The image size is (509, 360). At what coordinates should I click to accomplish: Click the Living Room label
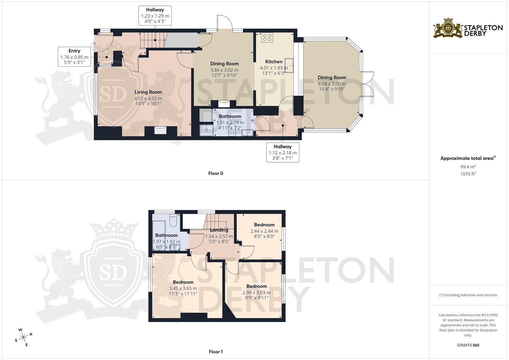click(148, 92)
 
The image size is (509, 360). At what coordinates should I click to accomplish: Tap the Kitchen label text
click(274, 62)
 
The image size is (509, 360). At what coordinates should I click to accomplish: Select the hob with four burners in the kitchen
click(267, 37)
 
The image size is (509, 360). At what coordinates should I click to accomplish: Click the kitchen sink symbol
click(289, 65)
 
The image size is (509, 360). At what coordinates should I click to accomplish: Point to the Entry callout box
click(74, 57)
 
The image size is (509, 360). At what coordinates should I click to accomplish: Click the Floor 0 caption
click(216, 173)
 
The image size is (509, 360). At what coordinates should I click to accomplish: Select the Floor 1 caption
click(216, 352)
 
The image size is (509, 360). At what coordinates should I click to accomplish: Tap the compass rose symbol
click(23, 337)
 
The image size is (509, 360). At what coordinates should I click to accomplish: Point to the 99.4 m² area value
click(468, 167)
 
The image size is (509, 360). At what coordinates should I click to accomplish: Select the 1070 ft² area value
click(468, 174)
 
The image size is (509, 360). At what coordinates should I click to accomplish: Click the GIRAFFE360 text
click(468, 345)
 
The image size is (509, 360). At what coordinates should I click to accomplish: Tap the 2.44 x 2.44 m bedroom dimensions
click(264, 231)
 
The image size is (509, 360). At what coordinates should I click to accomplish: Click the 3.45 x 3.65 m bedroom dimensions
click(183, 288)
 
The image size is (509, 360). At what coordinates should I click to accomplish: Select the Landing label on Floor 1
click(219, 230)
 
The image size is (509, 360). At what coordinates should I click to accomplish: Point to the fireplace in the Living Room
click(160, 130)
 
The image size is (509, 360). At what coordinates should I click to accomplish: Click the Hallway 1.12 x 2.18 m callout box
click(283, 152)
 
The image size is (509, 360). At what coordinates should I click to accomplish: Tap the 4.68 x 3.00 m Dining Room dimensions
click(332, 84)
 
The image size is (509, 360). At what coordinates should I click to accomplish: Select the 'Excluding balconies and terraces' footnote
click(468, 295)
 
